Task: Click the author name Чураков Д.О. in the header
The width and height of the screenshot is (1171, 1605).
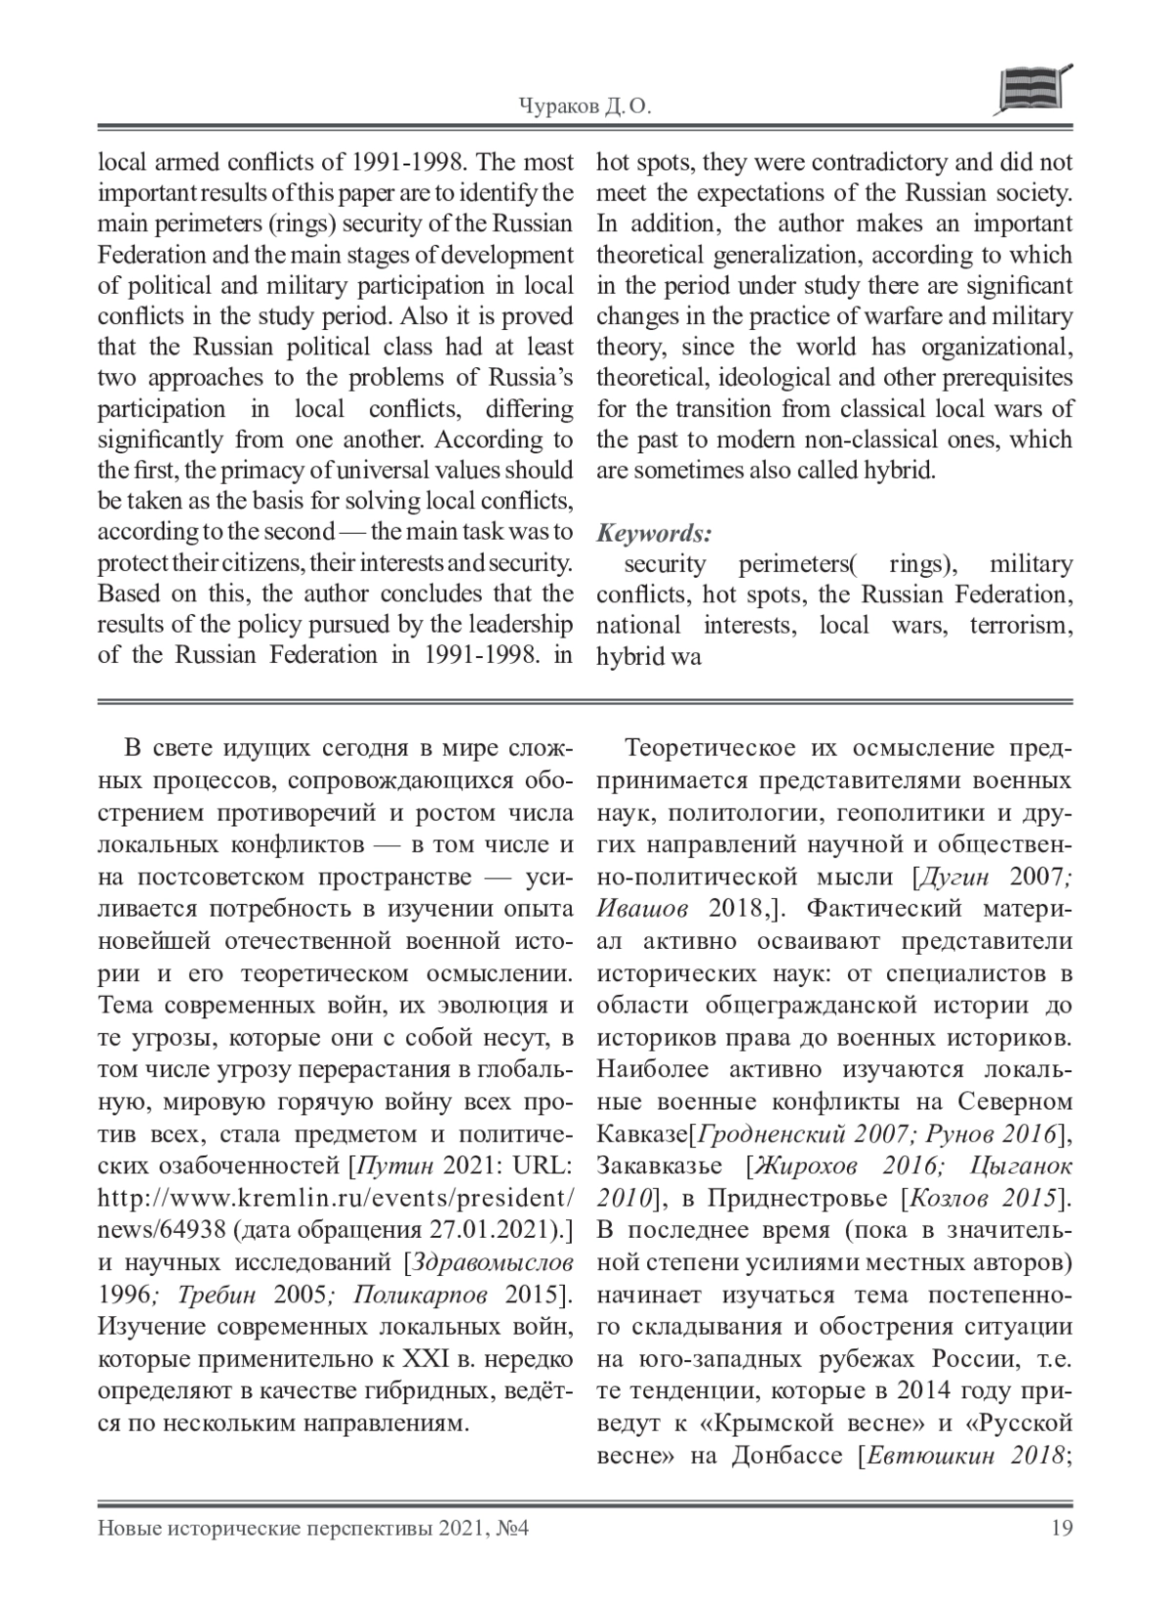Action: click(x=582, y=107)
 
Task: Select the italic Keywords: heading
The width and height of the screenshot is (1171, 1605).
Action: click(x=654, y=533)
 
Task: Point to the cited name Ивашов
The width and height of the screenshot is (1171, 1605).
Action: click(x=642, y=909)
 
